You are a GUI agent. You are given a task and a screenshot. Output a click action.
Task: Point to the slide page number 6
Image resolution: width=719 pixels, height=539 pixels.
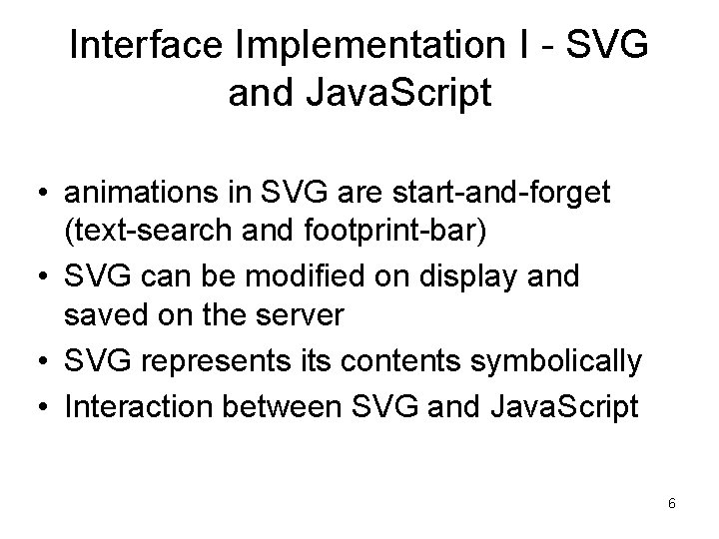click(672, 504)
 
